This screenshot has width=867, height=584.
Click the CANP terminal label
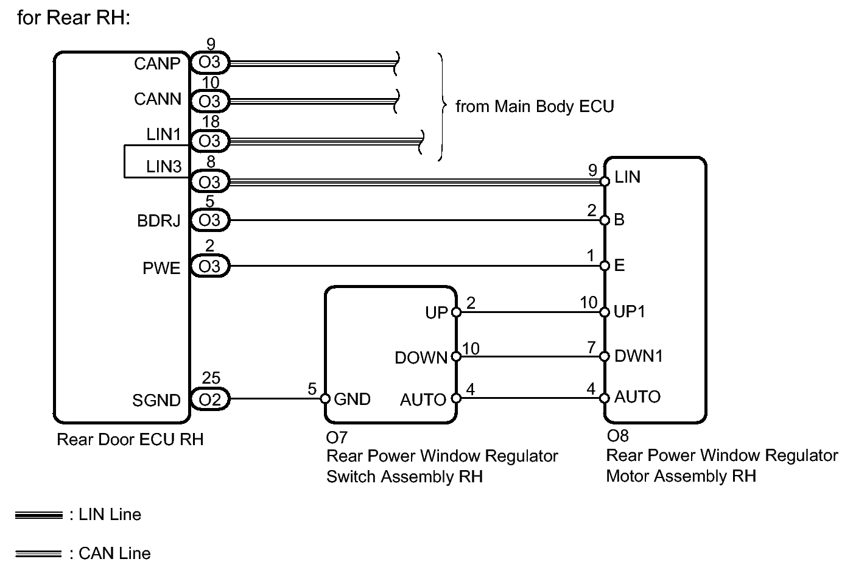[x=157, y=64]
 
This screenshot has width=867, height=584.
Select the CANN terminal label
[x=158, y=99]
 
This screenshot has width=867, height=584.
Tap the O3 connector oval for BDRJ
[x=210, y=220]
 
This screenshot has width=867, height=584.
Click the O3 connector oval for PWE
[x=210, y=266]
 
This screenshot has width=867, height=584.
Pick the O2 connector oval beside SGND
[x=210, y=399]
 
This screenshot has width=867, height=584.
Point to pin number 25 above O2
[x=211, y=378]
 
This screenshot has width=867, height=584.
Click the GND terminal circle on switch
[x=325, y=399]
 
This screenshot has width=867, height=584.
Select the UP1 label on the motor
[x=630, y=312]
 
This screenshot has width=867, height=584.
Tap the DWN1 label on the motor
[x=639, y=356]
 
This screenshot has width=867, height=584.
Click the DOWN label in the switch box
[x=421, y=357]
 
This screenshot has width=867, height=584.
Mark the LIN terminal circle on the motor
[x=605, y=181]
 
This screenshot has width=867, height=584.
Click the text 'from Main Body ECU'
[x=535, y=107]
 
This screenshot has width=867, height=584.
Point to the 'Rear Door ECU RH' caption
[x=130, y=439]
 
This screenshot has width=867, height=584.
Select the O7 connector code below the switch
[x=337, y=438]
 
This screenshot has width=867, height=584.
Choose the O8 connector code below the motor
[x=617, y=436]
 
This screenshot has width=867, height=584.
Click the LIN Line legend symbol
[x=39, y=515]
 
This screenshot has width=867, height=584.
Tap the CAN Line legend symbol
[x=38, y=554]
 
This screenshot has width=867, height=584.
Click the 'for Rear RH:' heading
[x=74, y=18]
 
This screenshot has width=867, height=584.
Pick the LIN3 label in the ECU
[x=164, y=167]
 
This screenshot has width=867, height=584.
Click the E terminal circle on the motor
[x=605, y=266]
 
